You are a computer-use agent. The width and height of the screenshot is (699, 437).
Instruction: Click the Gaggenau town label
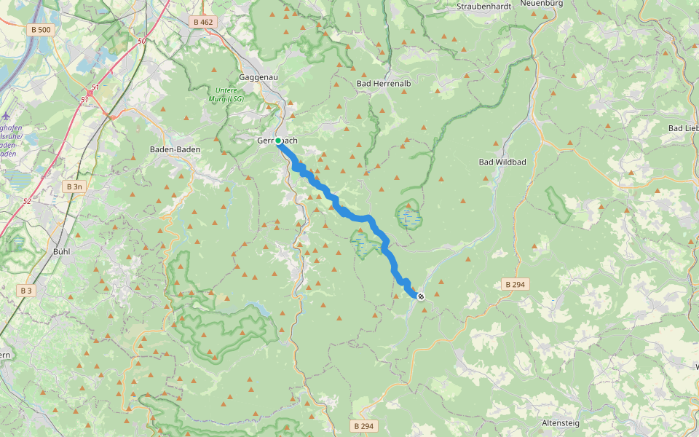[x=256, y=77]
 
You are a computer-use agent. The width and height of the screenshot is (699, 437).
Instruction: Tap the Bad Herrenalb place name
[x=384, y=84]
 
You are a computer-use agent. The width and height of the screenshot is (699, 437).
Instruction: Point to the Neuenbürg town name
[x=542, y=4]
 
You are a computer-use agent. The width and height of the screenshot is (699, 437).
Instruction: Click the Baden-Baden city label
[x=174, y=149]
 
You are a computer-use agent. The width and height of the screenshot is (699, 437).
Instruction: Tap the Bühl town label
[x=62, y=251]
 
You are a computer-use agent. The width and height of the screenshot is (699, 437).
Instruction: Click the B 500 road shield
[x=42, y=30]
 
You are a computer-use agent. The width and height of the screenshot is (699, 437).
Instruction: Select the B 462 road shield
[x=203, y=22]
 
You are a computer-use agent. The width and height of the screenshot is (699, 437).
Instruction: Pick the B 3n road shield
[x=74, y=186]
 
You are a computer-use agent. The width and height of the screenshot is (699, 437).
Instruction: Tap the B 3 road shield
[x=26, y=291]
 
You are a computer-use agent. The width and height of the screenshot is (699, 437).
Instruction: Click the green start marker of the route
[x=278, y=141]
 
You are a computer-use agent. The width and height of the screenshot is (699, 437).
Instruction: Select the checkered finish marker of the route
[x=421, y=296]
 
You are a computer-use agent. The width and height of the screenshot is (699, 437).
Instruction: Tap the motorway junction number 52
[x=27, y=201]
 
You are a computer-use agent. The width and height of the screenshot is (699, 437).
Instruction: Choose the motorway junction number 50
[x=142, y=42]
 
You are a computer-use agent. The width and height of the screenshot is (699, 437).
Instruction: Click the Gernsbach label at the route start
[x=277, y=141]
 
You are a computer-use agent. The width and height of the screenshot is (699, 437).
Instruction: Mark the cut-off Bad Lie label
[x=683, y=128]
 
